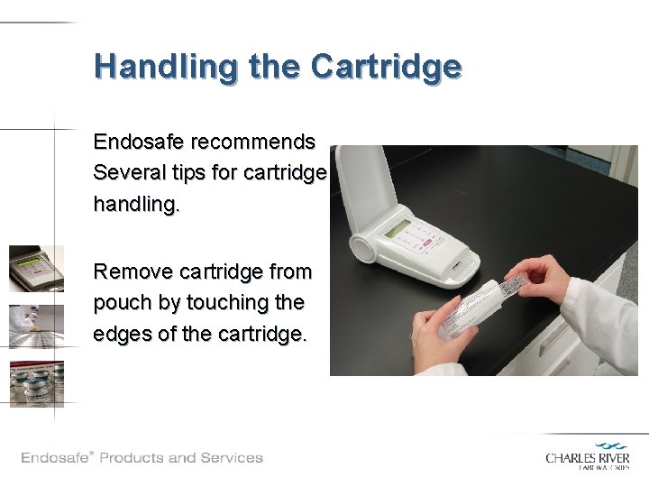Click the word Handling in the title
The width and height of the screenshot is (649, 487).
[x=152, y=67]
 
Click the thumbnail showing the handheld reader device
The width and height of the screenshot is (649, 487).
[x=37, y=269]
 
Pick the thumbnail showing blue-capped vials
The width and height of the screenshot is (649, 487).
[x=37, y=383]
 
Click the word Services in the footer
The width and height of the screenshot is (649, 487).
[x=232, y=457]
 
